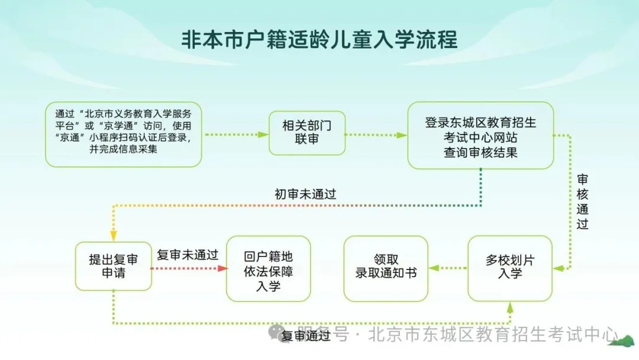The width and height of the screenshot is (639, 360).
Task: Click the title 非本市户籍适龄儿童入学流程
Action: (x=319, y=40)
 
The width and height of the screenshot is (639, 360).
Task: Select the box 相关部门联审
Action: (x=306, y=133)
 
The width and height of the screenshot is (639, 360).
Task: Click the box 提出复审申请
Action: (x=113, y=266)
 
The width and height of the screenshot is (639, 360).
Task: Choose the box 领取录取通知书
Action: (x=386, y=268)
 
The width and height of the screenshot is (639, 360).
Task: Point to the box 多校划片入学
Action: (x=509, y=268)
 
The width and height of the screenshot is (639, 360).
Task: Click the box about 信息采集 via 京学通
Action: (x=124, y=134)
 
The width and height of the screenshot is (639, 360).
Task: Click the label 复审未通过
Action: (x=188, y=255)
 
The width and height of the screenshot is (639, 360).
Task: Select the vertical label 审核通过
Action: (x=582, y=201)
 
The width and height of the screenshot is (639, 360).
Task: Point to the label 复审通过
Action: (x=306, y=336)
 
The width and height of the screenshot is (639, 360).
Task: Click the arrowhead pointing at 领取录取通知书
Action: (x=434, y=268)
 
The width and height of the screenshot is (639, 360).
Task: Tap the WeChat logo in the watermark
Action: (x=276, y=334)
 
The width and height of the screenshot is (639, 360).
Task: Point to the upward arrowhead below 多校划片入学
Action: (x=510, y=306)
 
